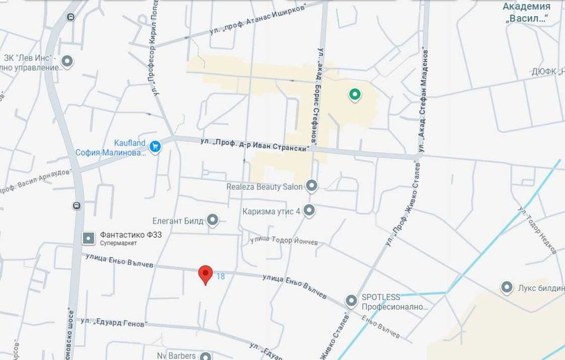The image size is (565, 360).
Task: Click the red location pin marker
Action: point(205,275)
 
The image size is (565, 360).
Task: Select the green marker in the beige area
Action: point(354,95)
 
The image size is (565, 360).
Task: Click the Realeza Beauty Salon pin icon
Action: point(311,186)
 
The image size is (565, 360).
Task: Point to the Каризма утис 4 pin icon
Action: point(309,211)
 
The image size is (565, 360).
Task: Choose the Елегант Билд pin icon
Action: point(212,220)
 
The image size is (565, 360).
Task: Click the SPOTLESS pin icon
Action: point(351,300)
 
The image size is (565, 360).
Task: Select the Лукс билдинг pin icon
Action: point(507,287)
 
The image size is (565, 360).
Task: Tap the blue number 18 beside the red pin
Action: point(220,276)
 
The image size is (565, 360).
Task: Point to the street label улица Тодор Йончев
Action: point(284,241)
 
